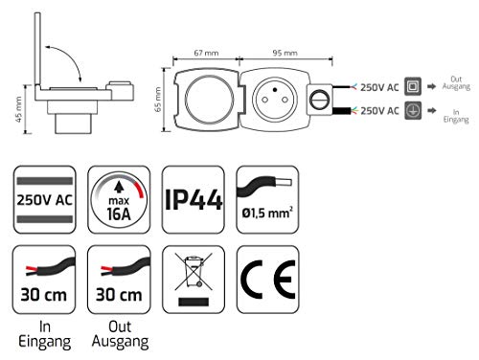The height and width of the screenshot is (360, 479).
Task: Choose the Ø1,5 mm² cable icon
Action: click(x=269, y=200)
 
